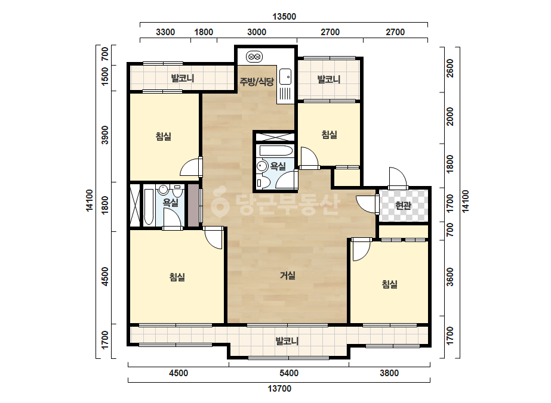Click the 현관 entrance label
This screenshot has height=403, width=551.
click(x=403, y=205)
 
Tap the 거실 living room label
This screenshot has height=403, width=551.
click(x=288, y=275)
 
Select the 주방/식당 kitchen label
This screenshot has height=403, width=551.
click(x=257, y=82)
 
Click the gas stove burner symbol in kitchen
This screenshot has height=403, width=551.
click(x=254, y=56)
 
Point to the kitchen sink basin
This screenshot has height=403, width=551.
click(x=285, y=77)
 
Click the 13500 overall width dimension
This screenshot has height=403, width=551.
click(x=284, y=17)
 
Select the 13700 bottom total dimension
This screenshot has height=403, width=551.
click(x=279, y=389)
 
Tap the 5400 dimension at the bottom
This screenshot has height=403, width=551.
click(x=289, y=373)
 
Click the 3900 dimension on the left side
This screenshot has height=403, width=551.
click(x=104, y=135)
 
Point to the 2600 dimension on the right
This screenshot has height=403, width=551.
click(x=450, y=68)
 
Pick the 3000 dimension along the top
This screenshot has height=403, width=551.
click(x=257, y=32)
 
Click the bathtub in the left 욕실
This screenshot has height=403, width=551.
click(x=149, y=207)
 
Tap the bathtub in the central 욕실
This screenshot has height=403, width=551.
click(x=276, y=151)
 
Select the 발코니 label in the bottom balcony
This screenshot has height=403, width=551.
click(x=287, y=341)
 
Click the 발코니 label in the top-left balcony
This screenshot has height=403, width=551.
click(x=183, y=78)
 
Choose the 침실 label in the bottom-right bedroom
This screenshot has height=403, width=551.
click(x=389, y=284)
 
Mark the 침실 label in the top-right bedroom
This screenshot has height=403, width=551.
click(x=330, y=135)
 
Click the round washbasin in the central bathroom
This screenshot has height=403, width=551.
click(x=262, y=165)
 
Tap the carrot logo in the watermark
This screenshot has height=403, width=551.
click(x=220, y=202)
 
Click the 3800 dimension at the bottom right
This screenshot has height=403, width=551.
click(x=389, y=373)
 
